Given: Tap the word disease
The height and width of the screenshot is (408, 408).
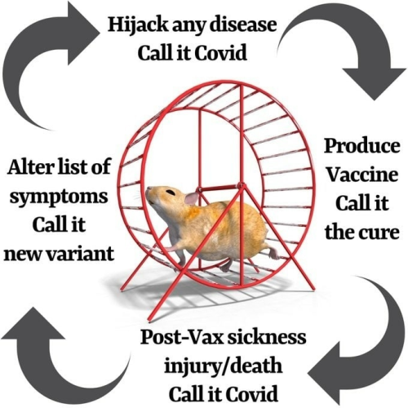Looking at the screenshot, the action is coord(242,24).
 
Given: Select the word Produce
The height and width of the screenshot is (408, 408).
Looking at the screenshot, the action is coord(362,147).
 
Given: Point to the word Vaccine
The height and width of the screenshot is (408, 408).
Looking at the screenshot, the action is coord(362,174).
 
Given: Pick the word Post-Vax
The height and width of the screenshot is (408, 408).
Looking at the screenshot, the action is coord(182,337).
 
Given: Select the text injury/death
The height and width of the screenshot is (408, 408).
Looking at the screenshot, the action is coord(223,367).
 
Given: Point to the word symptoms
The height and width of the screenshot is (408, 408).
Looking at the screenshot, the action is coord(59,197).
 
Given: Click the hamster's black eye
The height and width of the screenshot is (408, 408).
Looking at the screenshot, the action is coord(171,193).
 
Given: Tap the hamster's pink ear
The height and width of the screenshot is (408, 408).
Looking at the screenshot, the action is coord(192,198).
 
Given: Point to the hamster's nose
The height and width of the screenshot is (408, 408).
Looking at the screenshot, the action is coord(148,190).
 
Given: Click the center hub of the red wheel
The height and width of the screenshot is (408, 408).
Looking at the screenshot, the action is coord(241,186).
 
